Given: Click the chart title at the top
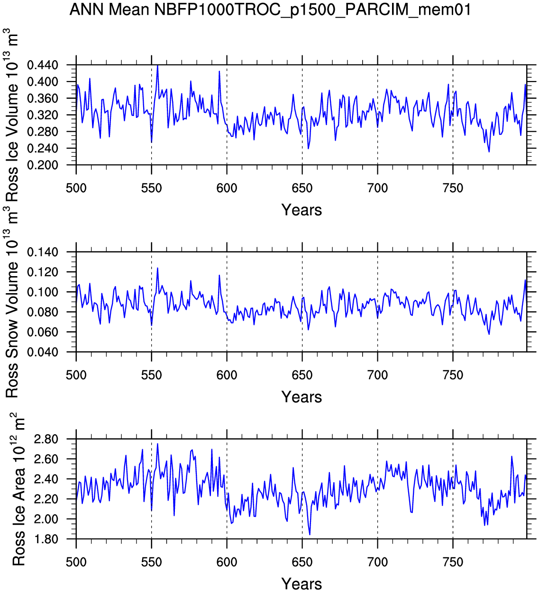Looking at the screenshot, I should (x=270, y=9).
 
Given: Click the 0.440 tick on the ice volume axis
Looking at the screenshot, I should (x=49, y=65).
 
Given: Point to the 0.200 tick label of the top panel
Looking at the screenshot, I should (x=49, y=165).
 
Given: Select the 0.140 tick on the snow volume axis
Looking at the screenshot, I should (x=49, y=252).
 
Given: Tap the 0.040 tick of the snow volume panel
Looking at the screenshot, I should (x=49, y=352).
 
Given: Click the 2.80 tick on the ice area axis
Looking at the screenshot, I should (x=52, y=440).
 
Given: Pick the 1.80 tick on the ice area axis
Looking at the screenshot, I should (x=52, y=539).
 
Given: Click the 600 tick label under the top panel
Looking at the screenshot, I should (x=227, y=188).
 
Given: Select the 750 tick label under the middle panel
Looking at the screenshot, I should (x=453, y=376).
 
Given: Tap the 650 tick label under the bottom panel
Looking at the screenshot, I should (x=302, y=563).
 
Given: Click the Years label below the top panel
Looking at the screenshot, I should (x=301, y=210).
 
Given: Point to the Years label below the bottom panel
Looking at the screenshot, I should (x=301, y=584).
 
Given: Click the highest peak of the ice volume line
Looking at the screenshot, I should (x=157, y=66).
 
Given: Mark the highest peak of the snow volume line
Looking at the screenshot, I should (x=157, y=268).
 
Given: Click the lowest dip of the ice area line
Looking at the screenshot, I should (x=310, y=535).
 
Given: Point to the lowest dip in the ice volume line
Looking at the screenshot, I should (x=489, y=152).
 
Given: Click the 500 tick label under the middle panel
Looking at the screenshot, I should (x=76, y=376).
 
